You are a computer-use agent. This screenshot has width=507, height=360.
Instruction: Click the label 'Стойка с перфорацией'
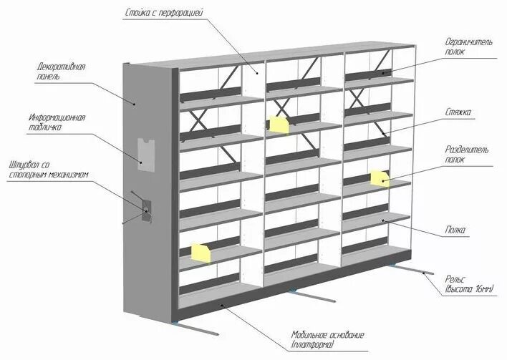pos(164,13)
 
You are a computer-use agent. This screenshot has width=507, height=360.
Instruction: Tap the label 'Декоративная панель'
pos(62,72)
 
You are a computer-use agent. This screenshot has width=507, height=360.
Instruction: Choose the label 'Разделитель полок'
pos(467,155)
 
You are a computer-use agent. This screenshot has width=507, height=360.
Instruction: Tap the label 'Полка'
pos(455,230)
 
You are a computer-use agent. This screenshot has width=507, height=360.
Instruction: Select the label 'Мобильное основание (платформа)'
pos(328,340)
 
